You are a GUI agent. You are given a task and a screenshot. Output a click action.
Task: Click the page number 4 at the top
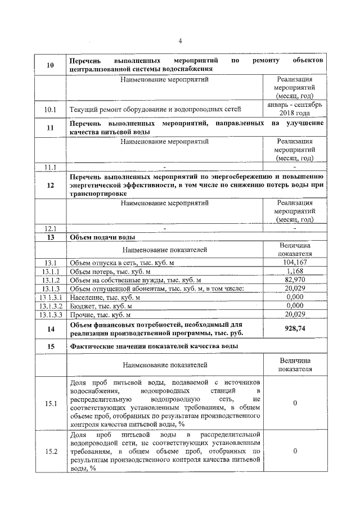point(180,40)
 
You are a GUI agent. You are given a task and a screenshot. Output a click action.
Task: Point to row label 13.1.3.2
point(50,305)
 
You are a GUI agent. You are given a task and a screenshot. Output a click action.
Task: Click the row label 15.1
point(50,403)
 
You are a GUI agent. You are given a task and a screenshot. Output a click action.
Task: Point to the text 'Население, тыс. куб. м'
point(105,297)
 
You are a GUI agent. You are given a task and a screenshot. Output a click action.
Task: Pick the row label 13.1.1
point(50,271)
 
